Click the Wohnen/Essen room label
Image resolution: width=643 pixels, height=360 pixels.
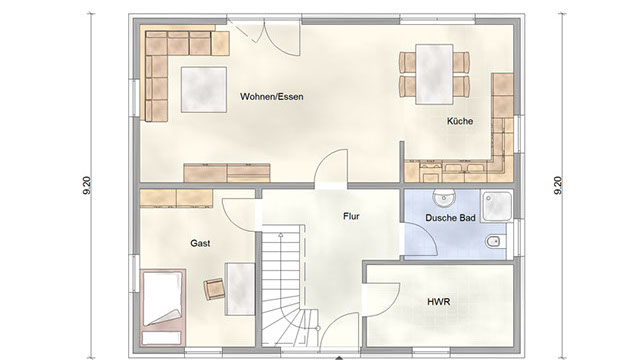click(271, 97)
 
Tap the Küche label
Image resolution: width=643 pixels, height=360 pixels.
click(460, 121)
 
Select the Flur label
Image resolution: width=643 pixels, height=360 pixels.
click(351, 216)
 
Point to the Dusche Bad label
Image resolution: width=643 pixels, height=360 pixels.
click(450, 218)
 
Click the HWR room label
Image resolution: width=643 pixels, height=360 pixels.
click(438, 302)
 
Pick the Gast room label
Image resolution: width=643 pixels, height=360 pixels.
click(200, 243)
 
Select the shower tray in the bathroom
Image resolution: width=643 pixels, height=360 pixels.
click(497, 206)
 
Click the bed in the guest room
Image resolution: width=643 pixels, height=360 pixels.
click(162, 308)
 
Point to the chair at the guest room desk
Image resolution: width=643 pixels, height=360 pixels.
click(214, 289)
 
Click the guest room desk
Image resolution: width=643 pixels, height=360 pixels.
click(240, 289)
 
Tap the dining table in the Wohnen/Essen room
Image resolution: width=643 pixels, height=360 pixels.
click(434, 74)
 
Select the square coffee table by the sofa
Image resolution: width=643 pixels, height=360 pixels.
click(204, 89)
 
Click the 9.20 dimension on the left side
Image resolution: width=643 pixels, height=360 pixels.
click(87, 185)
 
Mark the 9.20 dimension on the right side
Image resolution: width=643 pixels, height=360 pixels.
click(558, 185)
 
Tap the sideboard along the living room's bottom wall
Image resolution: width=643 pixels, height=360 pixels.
click(227, 173)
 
